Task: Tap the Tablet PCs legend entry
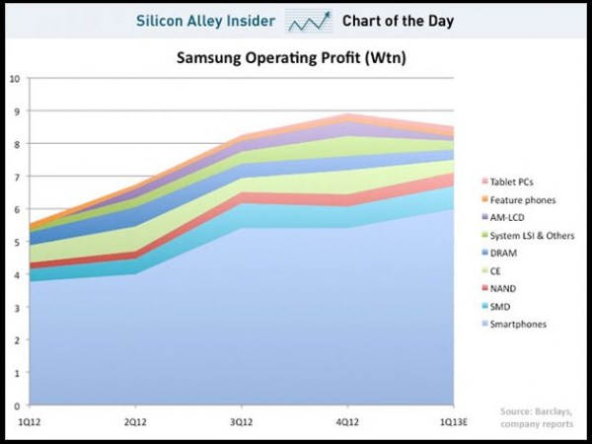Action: pos(513,183)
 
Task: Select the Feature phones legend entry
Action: pos(520,200)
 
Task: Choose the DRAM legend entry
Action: pos(506,254)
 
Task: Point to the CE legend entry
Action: pos(498,270)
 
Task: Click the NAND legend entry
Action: pos(505,288)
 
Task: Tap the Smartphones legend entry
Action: pos(518,324)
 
